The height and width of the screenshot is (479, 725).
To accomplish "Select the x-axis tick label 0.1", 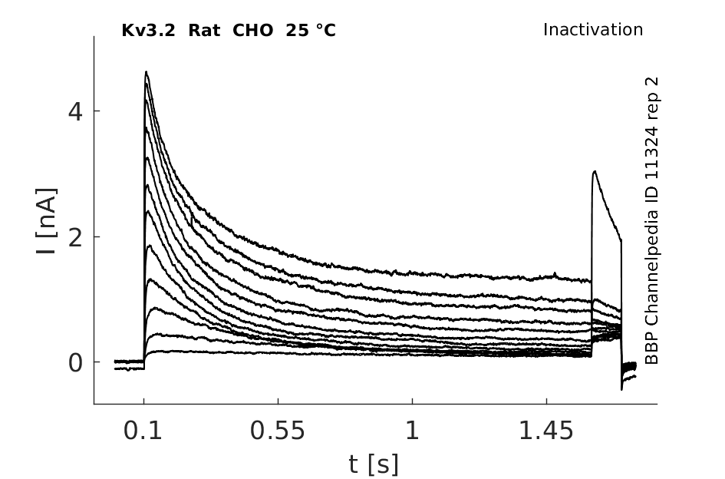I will [143, 432].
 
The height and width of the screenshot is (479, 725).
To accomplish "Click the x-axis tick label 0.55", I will [278, 432].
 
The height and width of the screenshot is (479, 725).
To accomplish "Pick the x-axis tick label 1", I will [412, 432].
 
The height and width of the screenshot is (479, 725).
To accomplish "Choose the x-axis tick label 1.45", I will [546, 432].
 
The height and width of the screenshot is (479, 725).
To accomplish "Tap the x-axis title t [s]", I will [374, 464].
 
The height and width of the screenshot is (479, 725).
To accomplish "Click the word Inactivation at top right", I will [593, 30].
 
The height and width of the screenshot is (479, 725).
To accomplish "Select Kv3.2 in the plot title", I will [147, 31].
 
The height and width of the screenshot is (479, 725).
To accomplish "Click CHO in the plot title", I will [246, 31].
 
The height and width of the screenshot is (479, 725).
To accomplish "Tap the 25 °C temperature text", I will [308, 31].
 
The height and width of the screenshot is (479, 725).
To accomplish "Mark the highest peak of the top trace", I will [146, 72].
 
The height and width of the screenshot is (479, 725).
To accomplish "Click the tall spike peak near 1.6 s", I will [595, 172].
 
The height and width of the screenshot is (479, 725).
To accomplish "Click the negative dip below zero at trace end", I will [621, 388].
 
